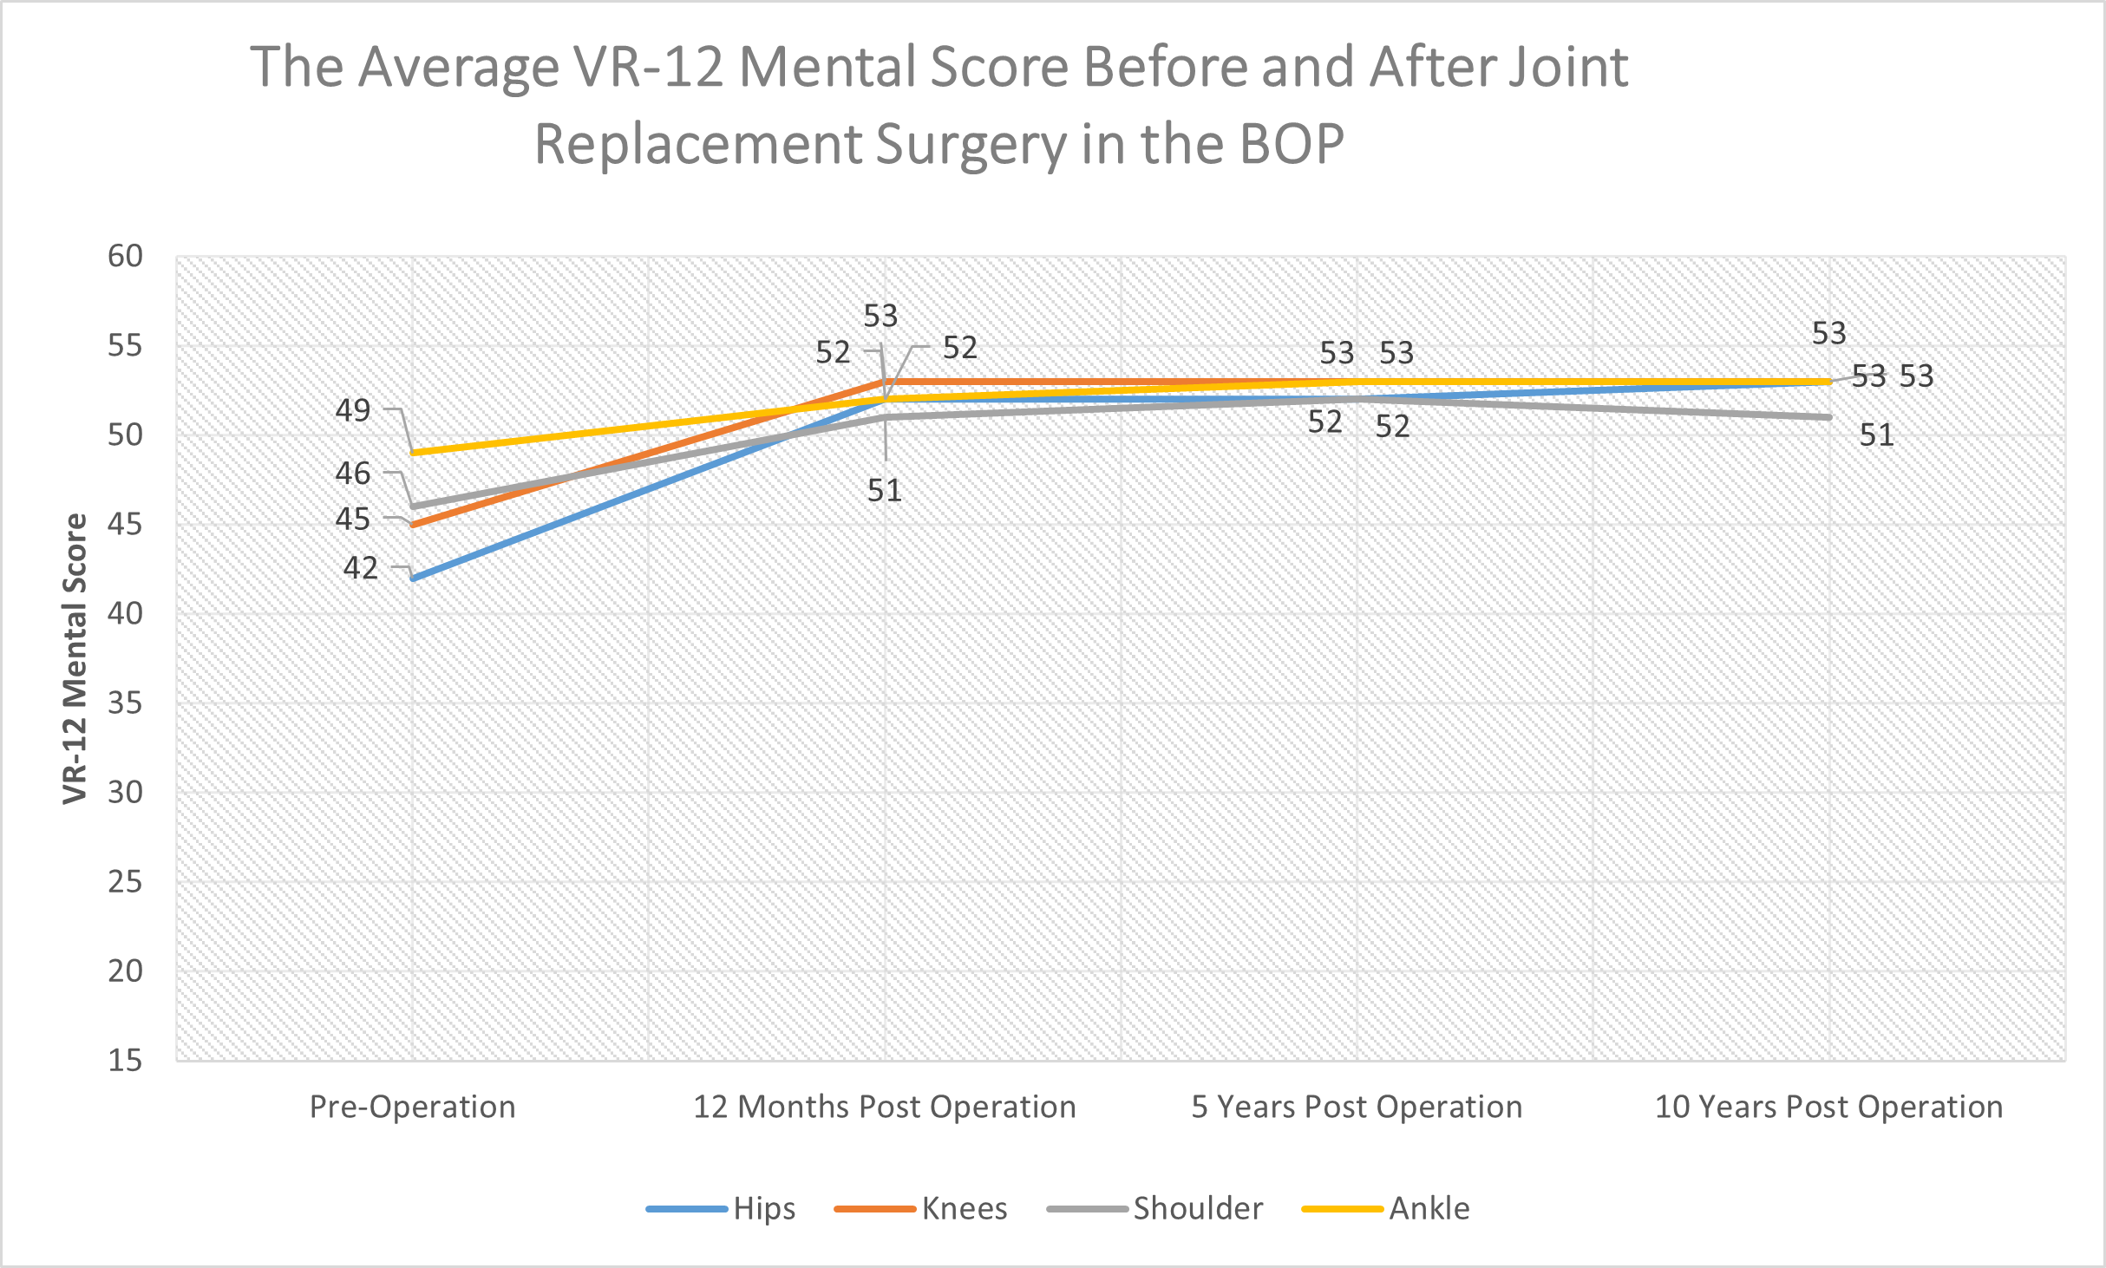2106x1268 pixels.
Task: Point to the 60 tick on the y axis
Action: (125, 257)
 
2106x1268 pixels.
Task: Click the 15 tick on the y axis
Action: (125, 1060)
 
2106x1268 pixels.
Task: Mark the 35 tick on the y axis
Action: (125, 703)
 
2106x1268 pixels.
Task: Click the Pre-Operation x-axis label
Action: (412, 1108)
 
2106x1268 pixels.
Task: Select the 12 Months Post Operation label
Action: (884, 1108)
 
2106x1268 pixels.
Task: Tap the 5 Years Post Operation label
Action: (1357, 1108)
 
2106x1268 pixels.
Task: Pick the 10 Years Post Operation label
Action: (1828, 1108)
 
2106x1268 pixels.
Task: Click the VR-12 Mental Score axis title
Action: (75, 659)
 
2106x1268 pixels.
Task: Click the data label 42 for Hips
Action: (360, 568)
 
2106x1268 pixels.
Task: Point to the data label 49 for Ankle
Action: (352, 410)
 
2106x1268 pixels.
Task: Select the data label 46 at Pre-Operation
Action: (352, 474)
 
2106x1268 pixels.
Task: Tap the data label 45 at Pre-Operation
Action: (352, 520)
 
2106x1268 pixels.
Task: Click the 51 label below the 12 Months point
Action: (884, 491)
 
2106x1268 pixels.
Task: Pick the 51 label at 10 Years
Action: (1876, 435)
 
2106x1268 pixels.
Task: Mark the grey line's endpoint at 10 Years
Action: (1828, 417)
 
